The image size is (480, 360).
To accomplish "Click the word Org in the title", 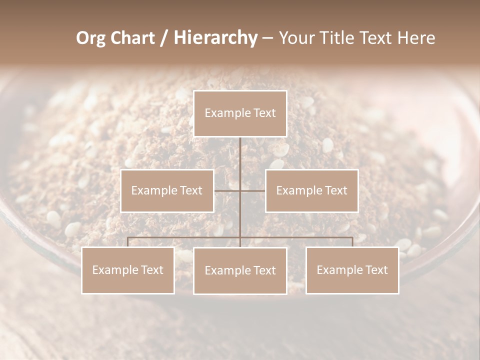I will pyautogui.click(x=91, y=38).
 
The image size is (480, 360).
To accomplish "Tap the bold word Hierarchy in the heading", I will pyautogui.click(x=215, y=38).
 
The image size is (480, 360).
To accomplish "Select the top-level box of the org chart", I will pyautogui.click(x=240, y=113).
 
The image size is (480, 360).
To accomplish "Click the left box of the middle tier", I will pyautogui.click(x=167, y=191).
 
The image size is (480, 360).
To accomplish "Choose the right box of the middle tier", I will pyautogui.click(x=311, y=191).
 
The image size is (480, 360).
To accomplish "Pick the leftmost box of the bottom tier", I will pyautogui.click(x=128, y=270).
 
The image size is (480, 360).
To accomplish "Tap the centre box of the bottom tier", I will pyautogui.click(x=240, y=271).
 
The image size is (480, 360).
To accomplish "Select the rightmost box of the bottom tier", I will pyautogui.click(x=352, y=270).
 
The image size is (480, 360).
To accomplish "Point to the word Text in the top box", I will pyautogui.click(x=264, y=113).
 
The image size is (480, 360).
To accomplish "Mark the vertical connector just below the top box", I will pyautogui.click(x=240, y=152).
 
